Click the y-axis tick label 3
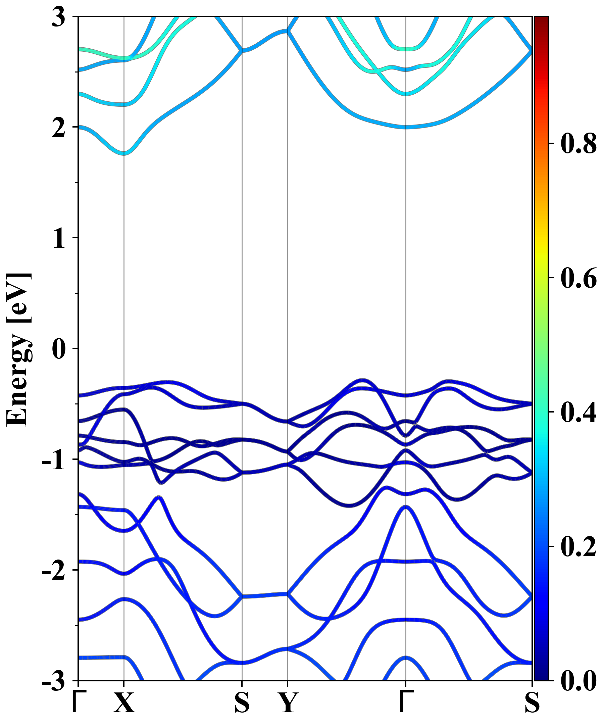pos(58,17)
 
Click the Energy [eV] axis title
pos(19,349)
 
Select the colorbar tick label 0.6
pos(578,278)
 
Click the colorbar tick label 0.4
pos(578,412)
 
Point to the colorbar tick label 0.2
pos(578,546)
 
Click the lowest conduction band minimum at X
pos(124,154)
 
